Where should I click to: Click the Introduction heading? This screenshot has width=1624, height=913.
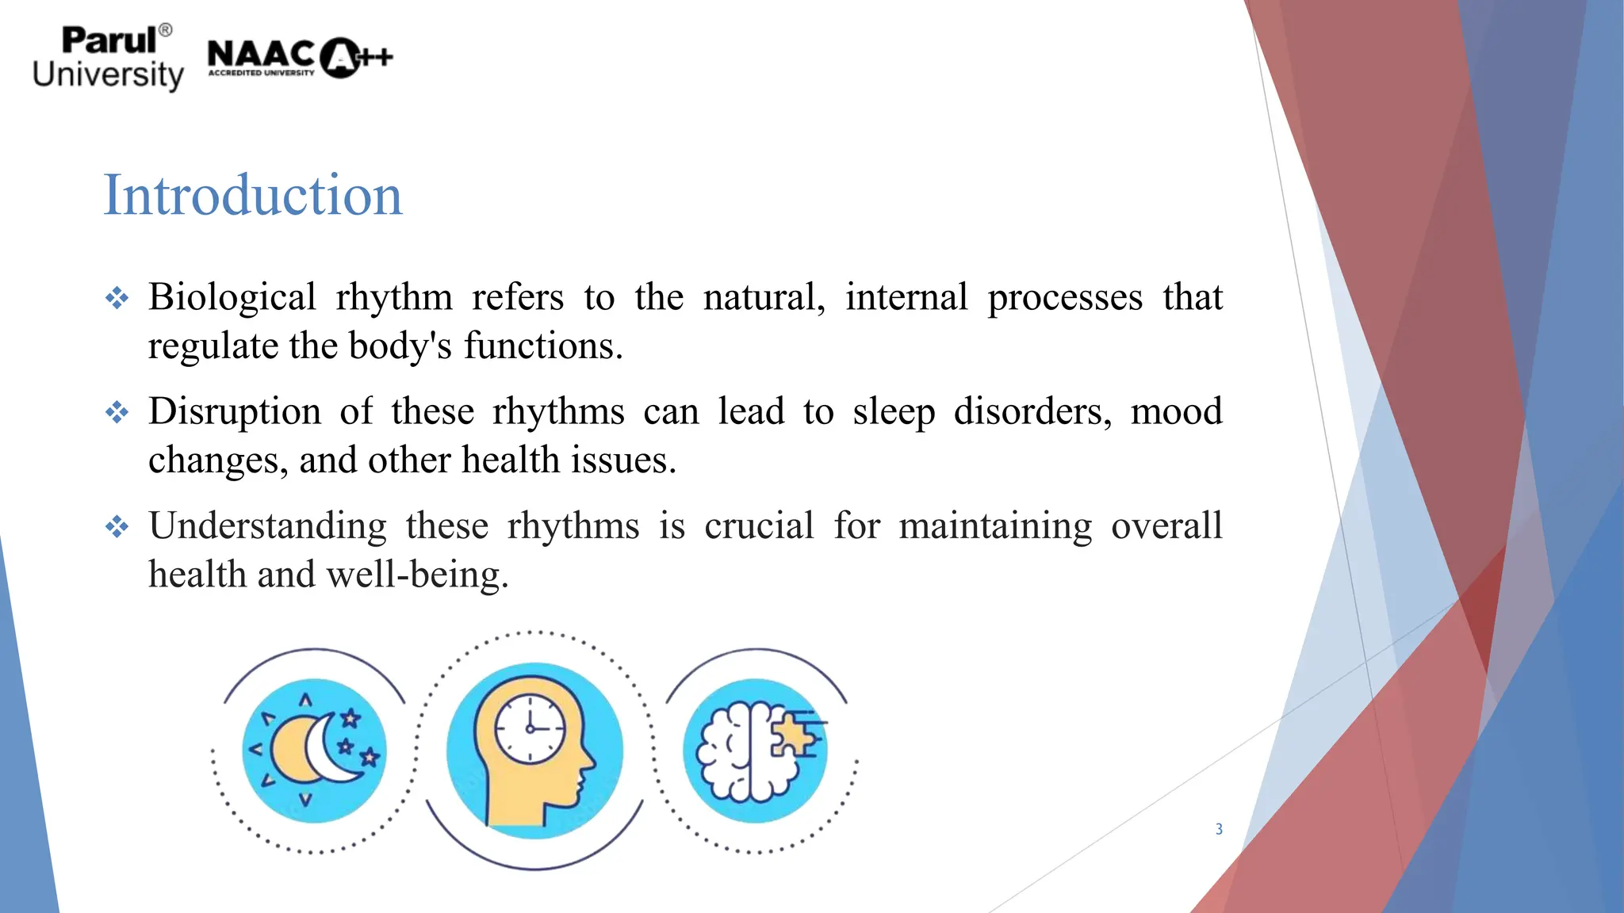[x=253, y=195]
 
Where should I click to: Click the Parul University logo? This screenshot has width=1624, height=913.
[x=109, y=58]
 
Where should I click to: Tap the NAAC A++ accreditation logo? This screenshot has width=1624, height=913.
[x=300, y=58]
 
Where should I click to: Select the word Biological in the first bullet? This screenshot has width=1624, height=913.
[x=232, y=298]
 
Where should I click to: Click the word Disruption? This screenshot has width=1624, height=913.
[x=235, y=412]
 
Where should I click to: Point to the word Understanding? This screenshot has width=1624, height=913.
[x=267, y=526]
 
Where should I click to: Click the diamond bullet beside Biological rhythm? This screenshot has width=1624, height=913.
[x=117, y=299]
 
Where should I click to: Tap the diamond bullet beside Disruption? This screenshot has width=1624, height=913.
[x=117, y=413]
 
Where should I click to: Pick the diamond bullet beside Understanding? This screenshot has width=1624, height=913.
[x=117, y=527]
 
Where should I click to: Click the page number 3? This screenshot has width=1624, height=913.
[x=1219, y=829]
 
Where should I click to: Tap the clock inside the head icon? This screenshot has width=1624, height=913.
[x=530, y=728]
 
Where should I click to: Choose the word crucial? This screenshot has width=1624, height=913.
[x=759, y=526]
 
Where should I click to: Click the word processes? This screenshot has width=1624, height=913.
[x=1065, y=298]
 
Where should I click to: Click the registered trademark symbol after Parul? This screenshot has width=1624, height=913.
[x=166, y=30]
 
